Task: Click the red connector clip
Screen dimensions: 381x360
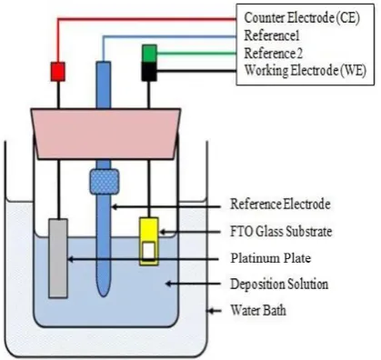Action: (57, 72)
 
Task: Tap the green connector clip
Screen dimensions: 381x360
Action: (149, 54)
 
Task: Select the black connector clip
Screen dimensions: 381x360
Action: (149, 72)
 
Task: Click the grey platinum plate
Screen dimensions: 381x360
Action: (58, 258)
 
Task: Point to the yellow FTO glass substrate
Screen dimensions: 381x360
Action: (149, 241)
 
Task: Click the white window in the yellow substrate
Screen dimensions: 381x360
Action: (149, 251)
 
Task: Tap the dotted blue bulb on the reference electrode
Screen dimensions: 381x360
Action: (104, 182)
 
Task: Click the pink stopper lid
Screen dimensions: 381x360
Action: (105, 134)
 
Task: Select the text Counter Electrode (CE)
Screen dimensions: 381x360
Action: (302, 18)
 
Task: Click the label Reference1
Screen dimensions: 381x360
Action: (272, 35)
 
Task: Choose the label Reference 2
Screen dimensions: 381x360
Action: (274, 54)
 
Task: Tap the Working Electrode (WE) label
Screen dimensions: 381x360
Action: (306, 71)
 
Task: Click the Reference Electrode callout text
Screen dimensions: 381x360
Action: (280, 204)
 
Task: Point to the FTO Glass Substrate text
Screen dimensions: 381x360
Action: (281, 232)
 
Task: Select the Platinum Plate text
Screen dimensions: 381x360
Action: (271, 258)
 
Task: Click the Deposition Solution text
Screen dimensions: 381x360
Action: (279, 285)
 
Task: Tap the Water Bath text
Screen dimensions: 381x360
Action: (258, 310)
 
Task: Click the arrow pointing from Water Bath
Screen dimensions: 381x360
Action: (214, 311)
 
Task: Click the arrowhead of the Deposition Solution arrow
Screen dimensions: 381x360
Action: (168, 284)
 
